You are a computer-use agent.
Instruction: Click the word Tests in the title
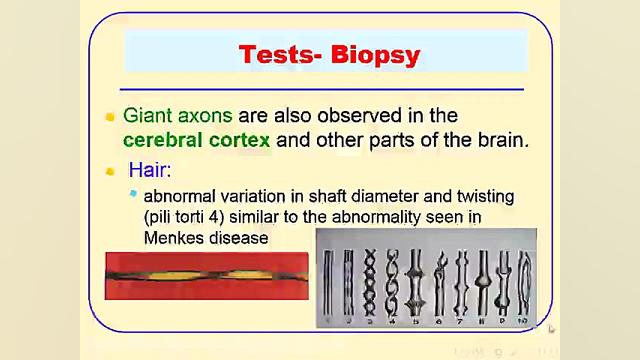click(274, 54)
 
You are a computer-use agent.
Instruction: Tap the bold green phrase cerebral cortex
click(196, 140)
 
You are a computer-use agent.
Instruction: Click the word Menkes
click(176, 238)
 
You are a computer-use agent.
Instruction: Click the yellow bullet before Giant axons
click(111, 116)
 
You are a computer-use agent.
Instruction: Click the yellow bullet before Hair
click(111, 171)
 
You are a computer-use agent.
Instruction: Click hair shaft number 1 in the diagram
click(330, 278)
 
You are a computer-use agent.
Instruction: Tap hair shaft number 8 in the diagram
click(482, 278)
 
